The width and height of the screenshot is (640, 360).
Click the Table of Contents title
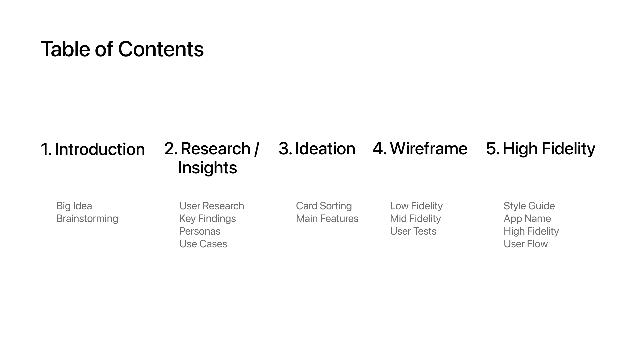[x=122, y=49]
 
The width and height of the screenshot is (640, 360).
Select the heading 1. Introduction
[x=93, y=149]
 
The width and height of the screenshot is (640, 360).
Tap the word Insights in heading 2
[x=207, y=168]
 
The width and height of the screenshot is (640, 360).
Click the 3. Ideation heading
[x=317, y=149]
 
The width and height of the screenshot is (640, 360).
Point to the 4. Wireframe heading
[x=420, y=149]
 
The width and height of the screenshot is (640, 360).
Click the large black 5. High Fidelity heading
[x=541, y=149]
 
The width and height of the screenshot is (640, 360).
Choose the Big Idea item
[x=74, y=206]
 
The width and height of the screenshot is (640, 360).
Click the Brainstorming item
[x=87, y=219]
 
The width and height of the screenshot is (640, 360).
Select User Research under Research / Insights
[x=212, y=206]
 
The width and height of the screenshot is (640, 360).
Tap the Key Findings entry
[x=208, y=219]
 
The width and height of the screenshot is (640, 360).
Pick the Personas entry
[x=200, y=231]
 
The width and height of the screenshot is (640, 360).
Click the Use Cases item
[x=203, y=244]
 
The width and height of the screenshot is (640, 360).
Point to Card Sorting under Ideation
[x=324, y=206]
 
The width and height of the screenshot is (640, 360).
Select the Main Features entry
[x=327, y=219]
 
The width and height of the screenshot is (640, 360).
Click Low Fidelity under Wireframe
[x=416, y=206]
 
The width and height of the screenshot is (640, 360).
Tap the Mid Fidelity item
[x=415, y=219]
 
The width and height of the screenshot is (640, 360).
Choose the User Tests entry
[x=413, y=231]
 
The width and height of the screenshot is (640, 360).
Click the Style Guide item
[x=529, y=206]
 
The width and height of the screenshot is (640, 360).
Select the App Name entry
[x=527, y=219]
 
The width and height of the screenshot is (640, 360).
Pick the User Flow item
[x=526, y=244]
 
